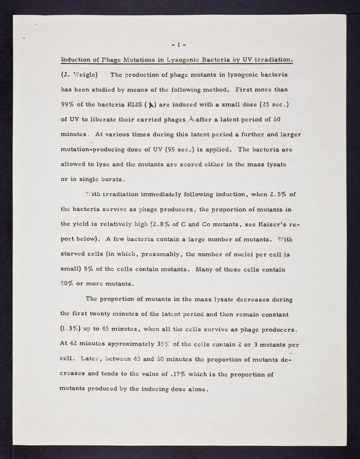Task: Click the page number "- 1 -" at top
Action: click(180, 44)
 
